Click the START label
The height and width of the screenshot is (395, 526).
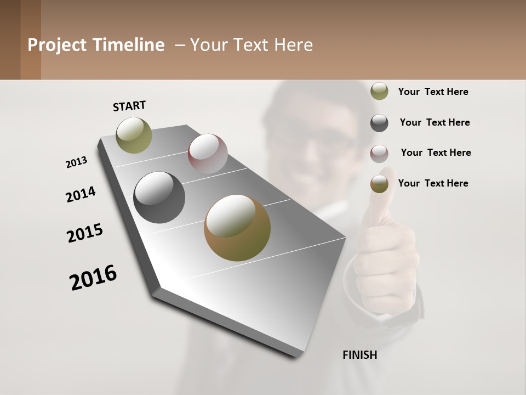pyautogui.click(x=129, y=106)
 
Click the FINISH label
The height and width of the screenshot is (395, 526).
pyautogui.click(x=359, y=355)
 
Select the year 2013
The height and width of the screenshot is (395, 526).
pyautogui.click(x=77, y=162)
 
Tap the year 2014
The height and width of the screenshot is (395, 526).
pyautogui.click(x=81, y=194)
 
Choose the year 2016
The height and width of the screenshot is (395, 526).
pyautogui.click(x=93, y=278)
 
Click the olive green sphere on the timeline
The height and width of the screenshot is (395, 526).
pyautogui.click(x=134, y=135)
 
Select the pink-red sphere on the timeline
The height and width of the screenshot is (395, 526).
pyautogui.click(x=208, y=154)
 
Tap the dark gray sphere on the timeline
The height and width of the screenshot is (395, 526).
pyautogui.click(x=159, y=198)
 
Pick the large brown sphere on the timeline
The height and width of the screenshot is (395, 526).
pyautogui.click(x=237, y=228)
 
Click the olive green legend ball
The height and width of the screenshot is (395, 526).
pyautogui.click(x=379, y=91)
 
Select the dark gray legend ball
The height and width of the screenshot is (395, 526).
pyautogui.click(x=379, y=122)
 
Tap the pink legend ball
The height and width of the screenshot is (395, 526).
pyautogui.click(x=379, y=154)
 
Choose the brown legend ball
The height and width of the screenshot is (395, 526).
pyautogui.click(x=379, y=184)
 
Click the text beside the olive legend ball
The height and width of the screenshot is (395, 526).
pyautogui.click(x=433, y=92)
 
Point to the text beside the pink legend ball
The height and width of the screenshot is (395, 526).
pyautogui.click(x=436, y=153)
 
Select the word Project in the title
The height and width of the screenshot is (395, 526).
pyautogui.click(x=56, y=45)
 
